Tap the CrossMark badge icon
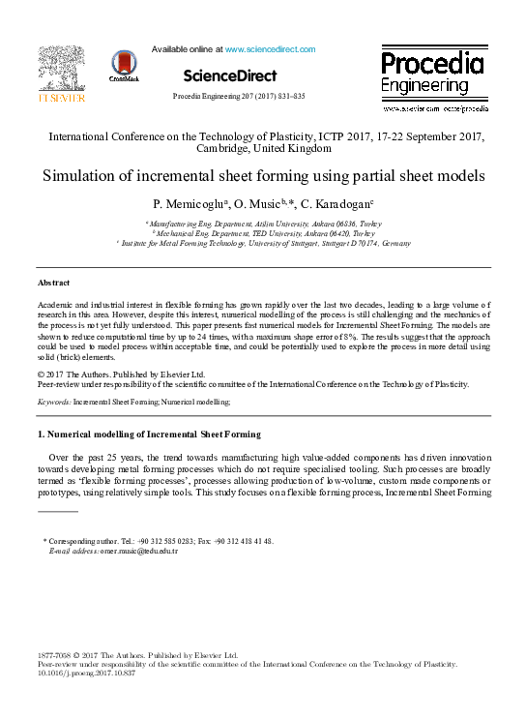124,67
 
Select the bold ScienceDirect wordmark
230,75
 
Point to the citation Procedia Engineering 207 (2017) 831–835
238,97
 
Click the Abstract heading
53,283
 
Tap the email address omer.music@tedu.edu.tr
139,551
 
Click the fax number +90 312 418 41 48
248,541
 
